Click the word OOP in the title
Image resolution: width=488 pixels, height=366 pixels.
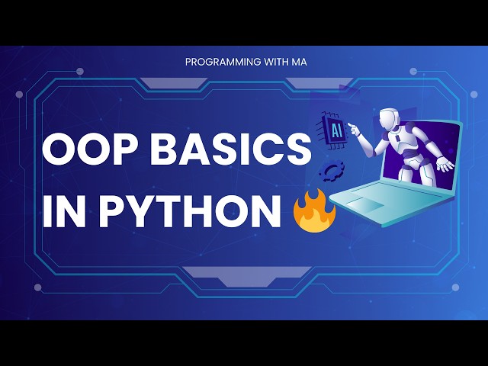tap(85, 149)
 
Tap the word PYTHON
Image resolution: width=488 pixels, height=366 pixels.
tap(191, 209)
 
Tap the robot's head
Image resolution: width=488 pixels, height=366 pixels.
tap(390, 119)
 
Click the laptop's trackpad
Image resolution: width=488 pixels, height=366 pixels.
tap(367, 204)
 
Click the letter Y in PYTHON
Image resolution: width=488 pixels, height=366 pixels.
tap(143, 209)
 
